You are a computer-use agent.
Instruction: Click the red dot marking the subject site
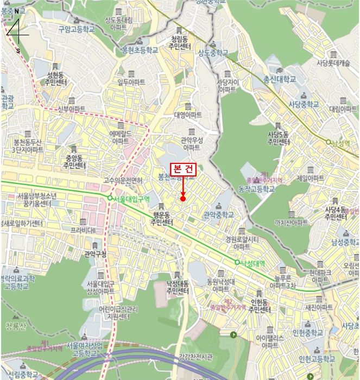click(x=183, y=199)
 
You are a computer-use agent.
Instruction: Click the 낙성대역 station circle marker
click(x=237, y=263)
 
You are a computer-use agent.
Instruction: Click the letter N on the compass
click(x=17, y=11)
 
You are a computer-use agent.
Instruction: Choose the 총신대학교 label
click(x=280, y=79)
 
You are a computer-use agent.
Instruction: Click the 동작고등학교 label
click(x=257, y=189)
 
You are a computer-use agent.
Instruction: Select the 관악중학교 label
click(x=219, y=215)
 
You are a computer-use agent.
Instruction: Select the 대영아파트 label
click(x=188, y=115)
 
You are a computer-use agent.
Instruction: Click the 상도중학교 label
click(x=213, y=53)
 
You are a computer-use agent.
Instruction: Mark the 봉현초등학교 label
click(x=140, y=49)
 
